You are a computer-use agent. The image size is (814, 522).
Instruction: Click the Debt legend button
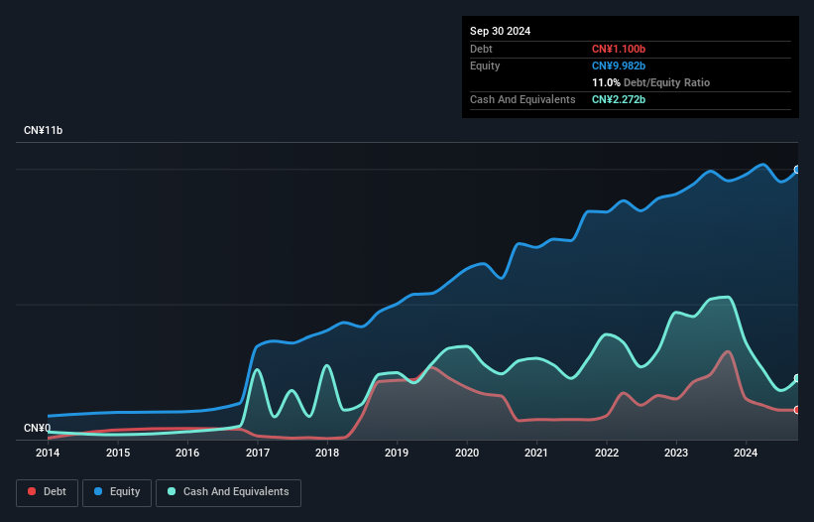point(46,492)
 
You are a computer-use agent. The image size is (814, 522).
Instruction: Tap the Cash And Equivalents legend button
point(228,492)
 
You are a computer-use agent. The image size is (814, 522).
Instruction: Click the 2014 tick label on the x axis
point(48,454)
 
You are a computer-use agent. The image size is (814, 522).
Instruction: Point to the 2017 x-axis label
point(258,454)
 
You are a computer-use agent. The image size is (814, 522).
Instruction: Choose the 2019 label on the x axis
point(397,454)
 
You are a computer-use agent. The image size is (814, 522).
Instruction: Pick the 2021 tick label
point(536,454)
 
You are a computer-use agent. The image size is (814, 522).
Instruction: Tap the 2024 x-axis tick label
point(746,454)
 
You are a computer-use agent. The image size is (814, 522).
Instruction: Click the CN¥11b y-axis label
point(44,131)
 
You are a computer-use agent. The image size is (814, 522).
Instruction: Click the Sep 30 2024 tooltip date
point(500,31)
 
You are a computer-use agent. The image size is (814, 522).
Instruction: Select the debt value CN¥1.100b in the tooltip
point(618,49)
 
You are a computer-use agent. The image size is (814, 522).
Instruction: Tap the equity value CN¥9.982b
point(618,65)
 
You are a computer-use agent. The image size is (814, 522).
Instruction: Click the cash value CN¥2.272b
point(618,99)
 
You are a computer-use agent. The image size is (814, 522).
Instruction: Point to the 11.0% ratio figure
point(605,82)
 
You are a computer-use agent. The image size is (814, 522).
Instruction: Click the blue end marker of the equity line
point(796,170)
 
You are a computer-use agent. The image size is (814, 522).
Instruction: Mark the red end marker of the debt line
point(796,410)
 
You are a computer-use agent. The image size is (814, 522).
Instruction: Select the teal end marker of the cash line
point(796,379)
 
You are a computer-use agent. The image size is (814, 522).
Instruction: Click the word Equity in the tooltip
point(485,65)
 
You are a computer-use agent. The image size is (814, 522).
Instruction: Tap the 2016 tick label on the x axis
point(187,454)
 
